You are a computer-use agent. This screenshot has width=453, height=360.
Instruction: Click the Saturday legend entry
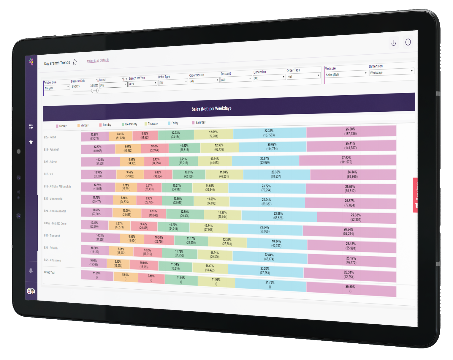point(199,122)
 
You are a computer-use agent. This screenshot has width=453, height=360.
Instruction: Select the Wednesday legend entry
point(129,124)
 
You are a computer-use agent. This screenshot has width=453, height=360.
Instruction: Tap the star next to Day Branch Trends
point(75,62)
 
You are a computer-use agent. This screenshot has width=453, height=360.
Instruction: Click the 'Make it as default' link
point(98,61)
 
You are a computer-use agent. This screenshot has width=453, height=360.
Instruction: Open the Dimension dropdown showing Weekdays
point(391,72)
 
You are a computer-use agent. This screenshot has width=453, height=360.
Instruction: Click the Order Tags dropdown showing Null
point(303,76)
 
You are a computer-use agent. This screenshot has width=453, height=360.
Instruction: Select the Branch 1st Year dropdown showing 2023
point(142,84)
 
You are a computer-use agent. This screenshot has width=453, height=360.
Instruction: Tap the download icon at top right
point(394,43)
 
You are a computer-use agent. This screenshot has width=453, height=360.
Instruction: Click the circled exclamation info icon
point(408,42)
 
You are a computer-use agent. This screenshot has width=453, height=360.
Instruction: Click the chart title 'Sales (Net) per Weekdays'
point(211,109)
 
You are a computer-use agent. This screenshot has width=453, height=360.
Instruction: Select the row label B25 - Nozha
point(50,137)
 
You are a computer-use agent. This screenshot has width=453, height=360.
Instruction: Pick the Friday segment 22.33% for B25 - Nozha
point(269,133)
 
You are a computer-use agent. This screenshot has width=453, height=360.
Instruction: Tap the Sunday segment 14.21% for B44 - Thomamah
point(100,237)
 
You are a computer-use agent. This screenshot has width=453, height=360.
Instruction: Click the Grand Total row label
point(50,272)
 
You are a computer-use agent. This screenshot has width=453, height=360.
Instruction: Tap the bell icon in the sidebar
point(31,271)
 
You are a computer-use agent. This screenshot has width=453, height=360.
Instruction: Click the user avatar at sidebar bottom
point(31,291)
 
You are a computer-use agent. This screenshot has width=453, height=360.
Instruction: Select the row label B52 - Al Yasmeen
point(53,260)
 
